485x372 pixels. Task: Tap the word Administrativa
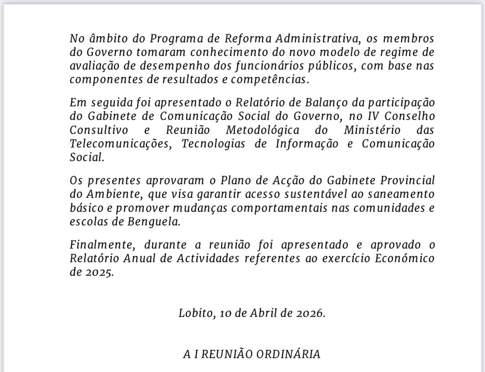pyautogui.click(x=316, y=39)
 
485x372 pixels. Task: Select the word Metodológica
pyautogui.click(x=262, y=130)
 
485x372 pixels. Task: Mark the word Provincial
pyautogui.click(x=407, y=180)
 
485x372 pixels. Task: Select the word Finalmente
pyautogui.click(x=101, y=245)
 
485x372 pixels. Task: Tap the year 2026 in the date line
pyautogui.click(x=311, y=313)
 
